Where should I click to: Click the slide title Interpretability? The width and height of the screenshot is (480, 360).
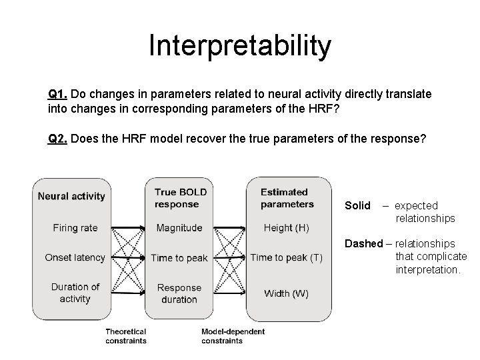click(240, 46)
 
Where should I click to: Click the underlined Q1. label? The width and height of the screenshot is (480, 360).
click(57, 95)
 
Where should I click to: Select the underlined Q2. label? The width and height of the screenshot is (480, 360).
click(57, 139)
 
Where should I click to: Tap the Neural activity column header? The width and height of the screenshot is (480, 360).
click(71, 196)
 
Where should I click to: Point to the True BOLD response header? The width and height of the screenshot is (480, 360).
click(180, 198)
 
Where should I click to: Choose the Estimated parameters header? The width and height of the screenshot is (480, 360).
click(287, 198)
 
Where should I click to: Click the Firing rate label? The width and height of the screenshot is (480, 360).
click(75, 228)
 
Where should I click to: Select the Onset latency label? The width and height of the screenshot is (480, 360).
click(75, 257)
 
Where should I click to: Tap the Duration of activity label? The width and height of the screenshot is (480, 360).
click(75, 293)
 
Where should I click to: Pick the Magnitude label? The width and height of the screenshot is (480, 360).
click(179, 228)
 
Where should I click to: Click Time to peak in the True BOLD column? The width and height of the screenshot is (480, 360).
click(179, 258)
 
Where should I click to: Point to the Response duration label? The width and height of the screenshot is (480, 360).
click(179, 293)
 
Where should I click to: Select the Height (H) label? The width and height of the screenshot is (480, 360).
click(286, 228)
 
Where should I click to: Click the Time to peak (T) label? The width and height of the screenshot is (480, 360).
click(286, 258)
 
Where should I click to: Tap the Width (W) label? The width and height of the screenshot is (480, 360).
click(286, 293)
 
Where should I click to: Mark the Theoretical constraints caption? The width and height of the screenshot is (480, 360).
click(126, 336)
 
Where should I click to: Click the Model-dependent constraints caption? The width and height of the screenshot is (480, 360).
click(233, 336)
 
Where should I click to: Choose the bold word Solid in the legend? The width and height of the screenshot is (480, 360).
click(357, 206)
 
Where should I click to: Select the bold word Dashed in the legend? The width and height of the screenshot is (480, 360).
click(363, 244)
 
